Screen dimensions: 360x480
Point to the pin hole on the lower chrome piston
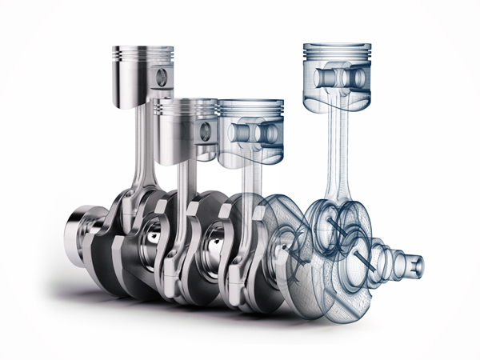pyautogui.click(x=207, y=130)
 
